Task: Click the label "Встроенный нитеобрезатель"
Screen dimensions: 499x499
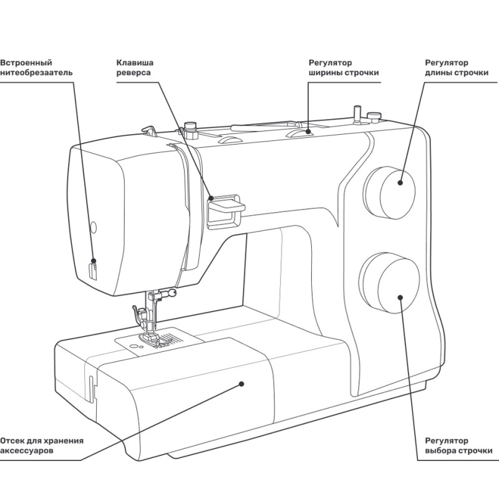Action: tap(36, 67)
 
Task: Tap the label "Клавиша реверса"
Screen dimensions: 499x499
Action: tap(135, 67)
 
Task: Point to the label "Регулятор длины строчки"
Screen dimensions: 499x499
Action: tap(456, 67)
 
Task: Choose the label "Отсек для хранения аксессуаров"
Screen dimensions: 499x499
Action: tap(41, 444)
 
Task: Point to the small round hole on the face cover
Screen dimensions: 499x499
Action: tap(94, 225)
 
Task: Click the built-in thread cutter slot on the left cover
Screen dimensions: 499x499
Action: tap(93, 270)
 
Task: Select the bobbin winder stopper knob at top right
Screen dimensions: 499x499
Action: tap(374, 115)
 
